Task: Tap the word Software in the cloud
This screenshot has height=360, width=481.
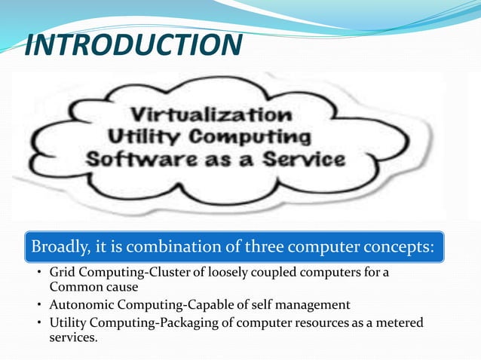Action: click(x=133, y=160)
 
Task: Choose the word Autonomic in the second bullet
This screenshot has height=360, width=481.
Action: click(x=78, y=305)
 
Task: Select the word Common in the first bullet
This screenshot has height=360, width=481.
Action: click(x=73, y=287)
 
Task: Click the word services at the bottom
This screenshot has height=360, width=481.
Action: click(x=72, y=337)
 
